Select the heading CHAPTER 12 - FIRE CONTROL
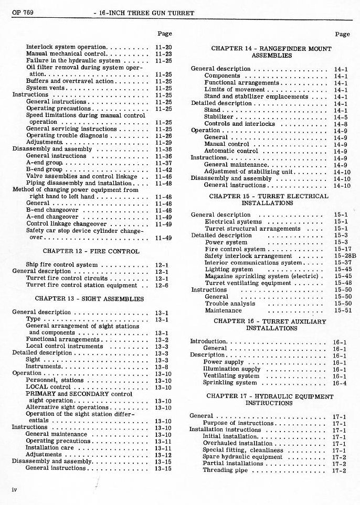pos(91,251)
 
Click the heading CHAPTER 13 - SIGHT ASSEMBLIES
pos(89,298)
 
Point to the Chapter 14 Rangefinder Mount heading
pos(271,52)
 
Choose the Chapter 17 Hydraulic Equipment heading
pos(269,400)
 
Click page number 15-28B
pos(344,256)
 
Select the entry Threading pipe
pos(225,470)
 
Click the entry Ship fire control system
pos(61,265)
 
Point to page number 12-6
pos(162,285)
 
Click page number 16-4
pos(340,383)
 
